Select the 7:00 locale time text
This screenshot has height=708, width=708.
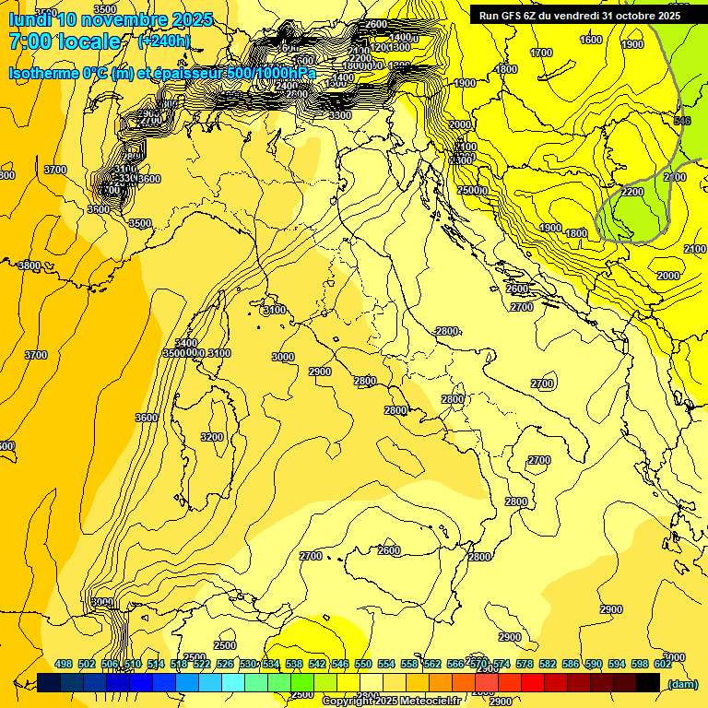click(65, 41)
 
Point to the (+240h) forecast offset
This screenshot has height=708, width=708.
click(163, 41)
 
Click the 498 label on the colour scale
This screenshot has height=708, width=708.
click(64, 664)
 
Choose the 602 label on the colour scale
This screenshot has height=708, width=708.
click(662, 664)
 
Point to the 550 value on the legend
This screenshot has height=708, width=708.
click(363, 664)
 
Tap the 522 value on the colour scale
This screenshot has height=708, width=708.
click(202, 664)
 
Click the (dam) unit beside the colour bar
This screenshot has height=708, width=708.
click(681, 684)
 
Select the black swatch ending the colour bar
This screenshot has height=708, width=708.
click(648, 682)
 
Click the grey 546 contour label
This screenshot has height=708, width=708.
click(682, 121)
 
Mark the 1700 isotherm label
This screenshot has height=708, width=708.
click(542, 53)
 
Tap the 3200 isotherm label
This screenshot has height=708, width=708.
click(212, 437)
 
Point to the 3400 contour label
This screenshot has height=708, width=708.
click(185, 343)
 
